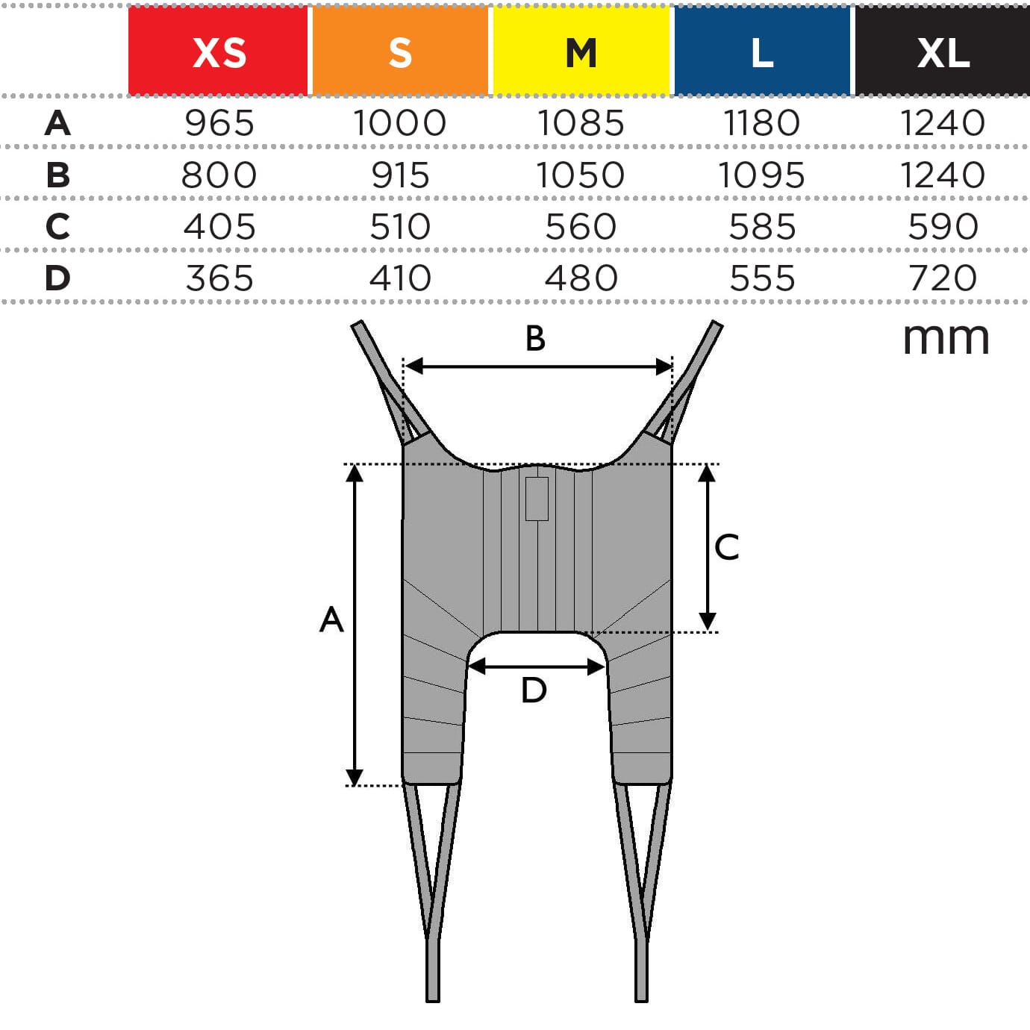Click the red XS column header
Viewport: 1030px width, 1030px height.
[218, 51]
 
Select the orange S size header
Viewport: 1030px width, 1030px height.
[400, 51]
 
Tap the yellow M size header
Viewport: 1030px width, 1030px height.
[581, 51]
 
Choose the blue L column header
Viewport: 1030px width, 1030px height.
[762, 51]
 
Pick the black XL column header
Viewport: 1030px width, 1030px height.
[943, 51]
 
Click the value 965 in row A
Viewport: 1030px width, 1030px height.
[219, 123]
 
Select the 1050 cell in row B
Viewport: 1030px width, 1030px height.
[581, 175]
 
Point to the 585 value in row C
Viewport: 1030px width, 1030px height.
[762, 227]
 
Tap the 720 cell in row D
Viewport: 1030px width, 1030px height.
[943, 278]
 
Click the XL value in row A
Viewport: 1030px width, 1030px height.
[943, 123]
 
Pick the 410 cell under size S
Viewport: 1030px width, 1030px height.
[400, 278]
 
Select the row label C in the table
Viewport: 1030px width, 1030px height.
[58, 227]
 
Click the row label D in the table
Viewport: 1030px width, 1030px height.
[58, 278]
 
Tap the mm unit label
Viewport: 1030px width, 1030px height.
[946, 340]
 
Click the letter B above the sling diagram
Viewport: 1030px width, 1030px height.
[535, 339]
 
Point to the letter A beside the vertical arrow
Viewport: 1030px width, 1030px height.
[331, 619]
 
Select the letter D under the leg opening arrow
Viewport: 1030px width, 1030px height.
[534, 690]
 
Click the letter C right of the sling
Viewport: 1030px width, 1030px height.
[726, 547]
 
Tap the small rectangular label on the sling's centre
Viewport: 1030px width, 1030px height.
[537, 499]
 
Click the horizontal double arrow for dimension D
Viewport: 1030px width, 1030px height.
[536, 667]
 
